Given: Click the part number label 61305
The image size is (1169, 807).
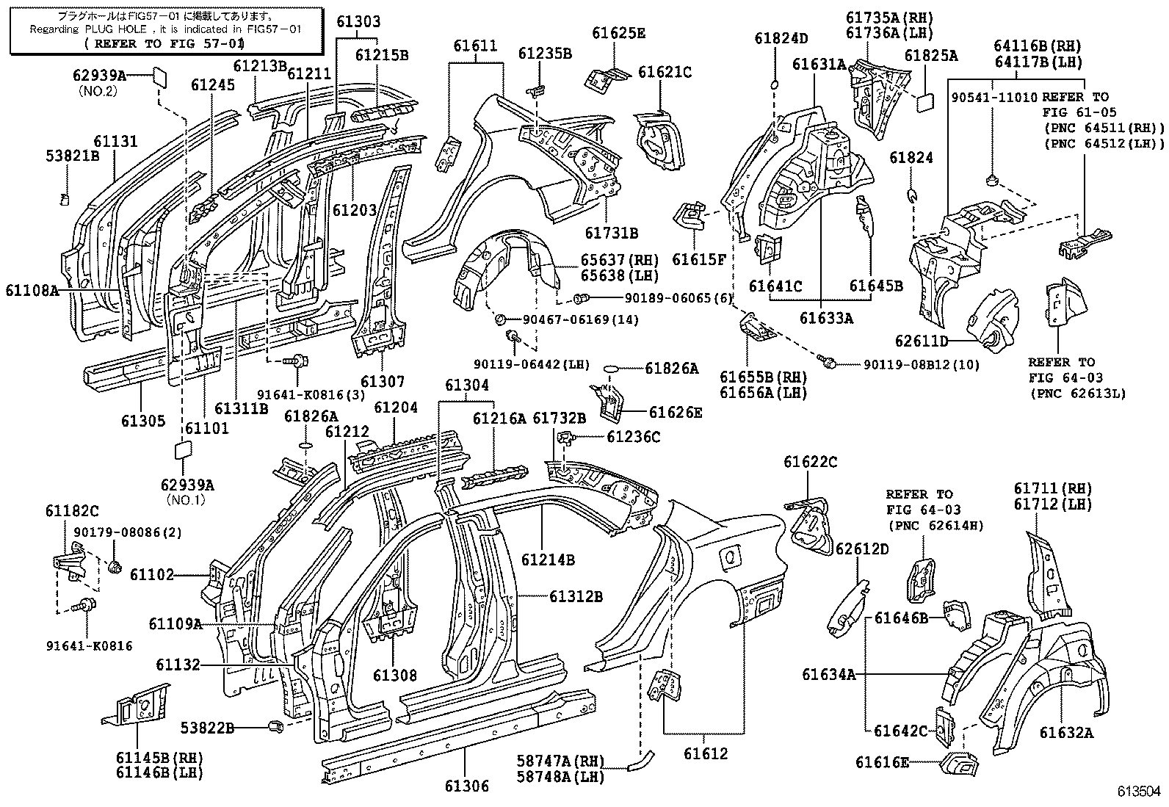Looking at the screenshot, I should (x=143, y=421).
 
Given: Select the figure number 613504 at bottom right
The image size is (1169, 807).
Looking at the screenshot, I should (x=1139, y=792).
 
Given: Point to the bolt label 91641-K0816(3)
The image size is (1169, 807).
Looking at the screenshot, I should (x=311, y=395).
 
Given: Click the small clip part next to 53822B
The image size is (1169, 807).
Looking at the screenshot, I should (x=276, y=727).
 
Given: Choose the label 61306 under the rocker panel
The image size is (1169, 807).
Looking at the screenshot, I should (x=466, y=786).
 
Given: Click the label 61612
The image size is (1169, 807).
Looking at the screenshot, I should (x=705, y=753).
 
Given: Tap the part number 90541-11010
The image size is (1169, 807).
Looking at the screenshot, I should (x=994, y=97).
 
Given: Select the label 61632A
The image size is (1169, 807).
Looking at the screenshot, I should (x=1065, y=732).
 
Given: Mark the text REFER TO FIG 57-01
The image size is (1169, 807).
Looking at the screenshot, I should (x=164, y=43).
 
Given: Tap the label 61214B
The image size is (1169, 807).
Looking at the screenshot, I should (x=548, y=560).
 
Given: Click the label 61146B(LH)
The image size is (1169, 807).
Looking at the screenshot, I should (x=159, y=772).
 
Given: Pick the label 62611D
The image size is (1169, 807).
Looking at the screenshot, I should (x=922, y=341).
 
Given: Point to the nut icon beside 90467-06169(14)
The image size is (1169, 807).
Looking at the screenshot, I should (x=500, y=319).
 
